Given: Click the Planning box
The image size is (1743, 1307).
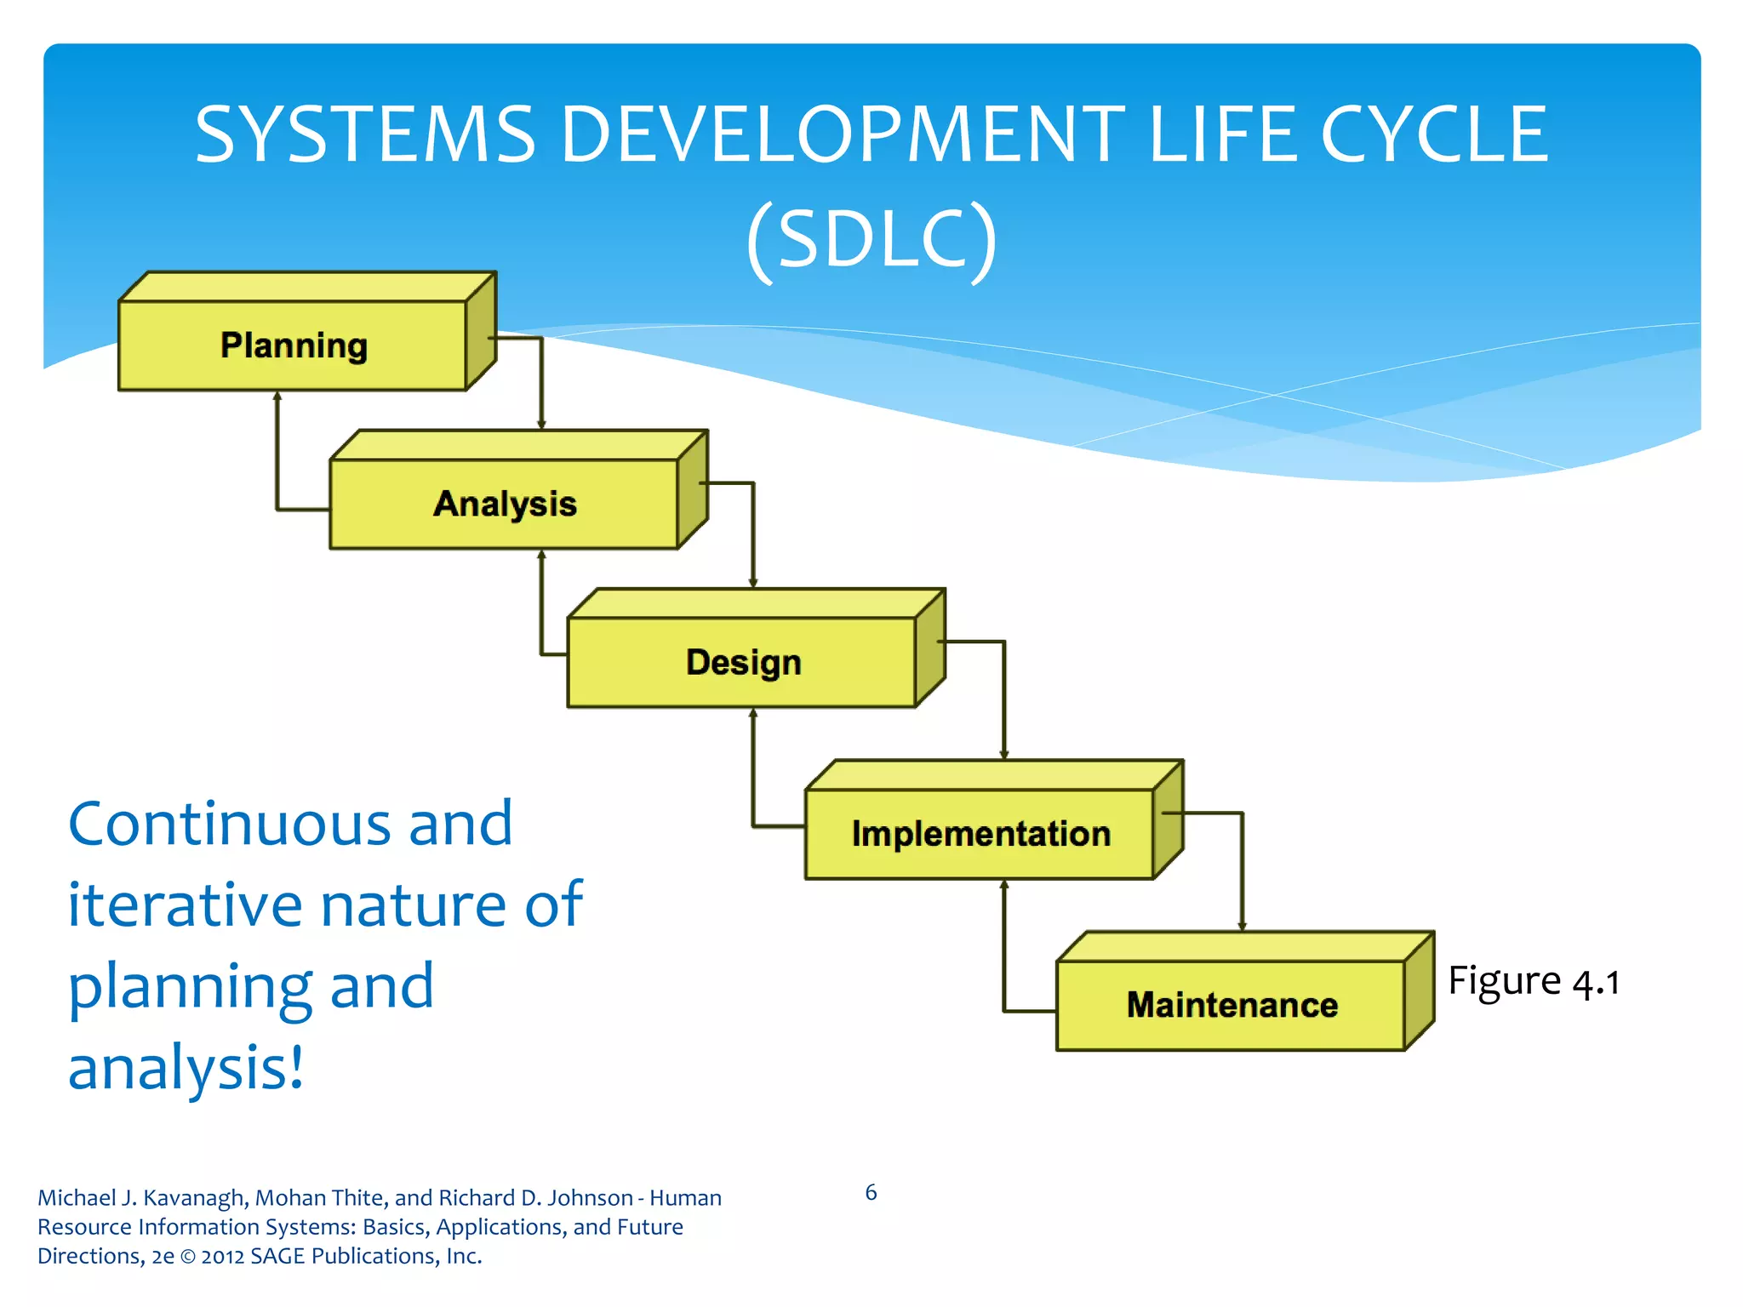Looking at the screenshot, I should pos(294,345).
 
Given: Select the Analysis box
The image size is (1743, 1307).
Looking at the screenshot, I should pos(505,504).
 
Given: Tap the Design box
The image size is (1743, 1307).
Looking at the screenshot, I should pos(743,662).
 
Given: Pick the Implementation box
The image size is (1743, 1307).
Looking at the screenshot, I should pos(980,834).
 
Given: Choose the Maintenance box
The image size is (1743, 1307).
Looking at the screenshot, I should pos(1232,1005).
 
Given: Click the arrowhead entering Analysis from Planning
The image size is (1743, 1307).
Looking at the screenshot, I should pos(541,425).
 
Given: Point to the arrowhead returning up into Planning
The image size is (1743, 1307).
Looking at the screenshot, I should pos(277,397).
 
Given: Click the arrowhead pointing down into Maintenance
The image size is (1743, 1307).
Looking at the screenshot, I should pos(1242,926).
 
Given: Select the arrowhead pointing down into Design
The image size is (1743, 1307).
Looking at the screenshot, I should pos(753,583).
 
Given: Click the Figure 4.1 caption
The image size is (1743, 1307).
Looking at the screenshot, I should pos(1533,981).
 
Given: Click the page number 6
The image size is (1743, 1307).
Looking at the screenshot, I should pos(871,1192).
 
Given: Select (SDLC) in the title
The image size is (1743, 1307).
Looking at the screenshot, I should pos(871,239).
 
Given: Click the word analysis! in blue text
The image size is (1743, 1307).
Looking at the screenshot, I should pos(186,1067).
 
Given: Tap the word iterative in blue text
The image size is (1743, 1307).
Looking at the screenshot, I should pos(184,904).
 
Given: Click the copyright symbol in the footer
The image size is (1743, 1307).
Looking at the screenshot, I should pos(187,1257).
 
